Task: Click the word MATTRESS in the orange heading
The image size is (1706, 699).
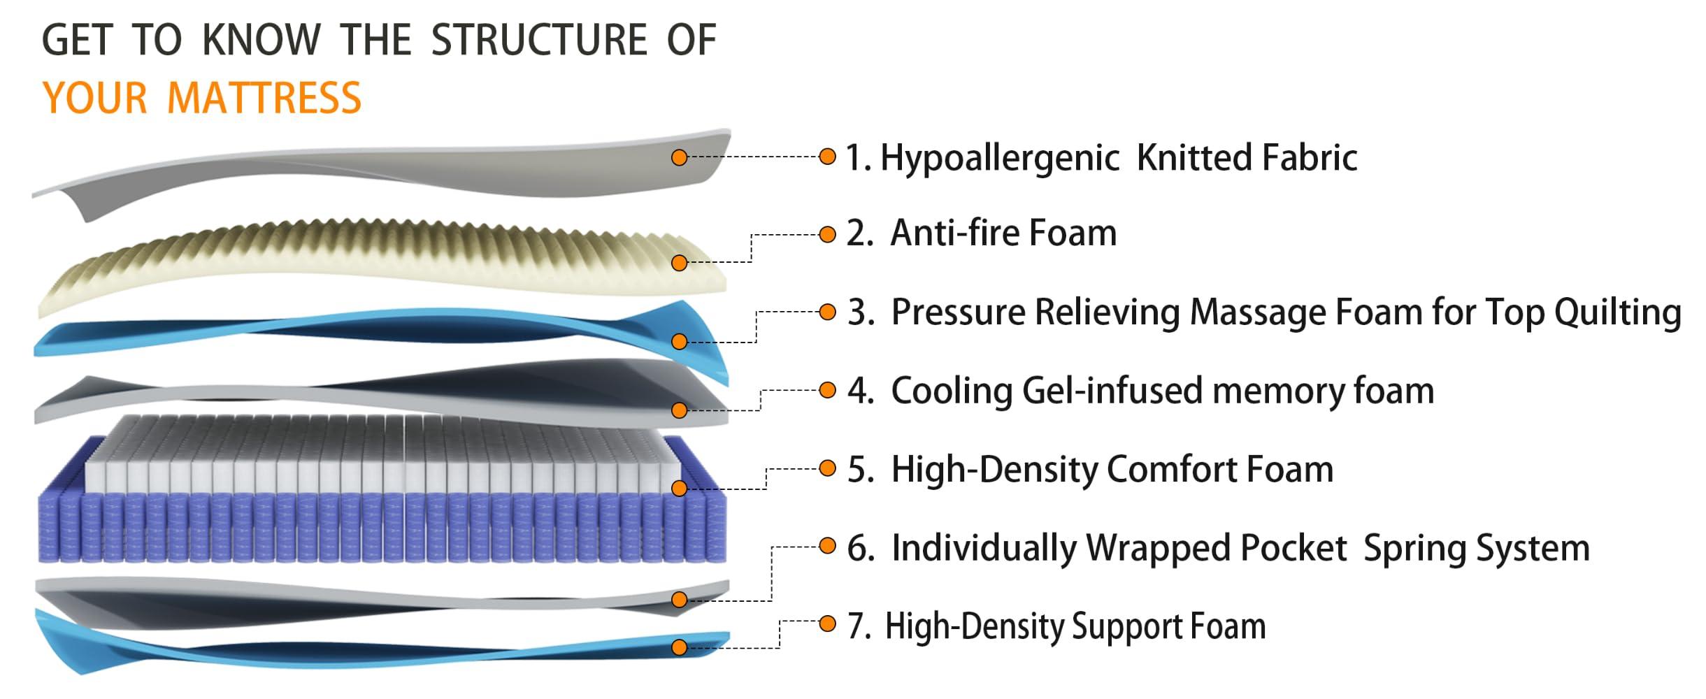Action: [x=264, y=98]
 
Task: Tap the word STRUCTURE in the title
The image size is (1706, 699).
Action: [x=539, y=40]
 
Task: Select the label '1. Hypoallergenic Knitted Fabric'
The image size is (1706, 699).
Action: [x=1101, y=157]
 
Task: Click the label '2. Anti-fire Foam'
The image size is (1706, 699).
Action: [x=981, y=233]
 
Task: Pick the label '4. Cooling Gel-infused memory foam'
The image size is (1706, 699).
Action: [x=1140, y=391]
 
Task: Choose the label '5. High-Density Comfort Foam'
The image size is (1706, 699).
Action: [x=1089, y=469]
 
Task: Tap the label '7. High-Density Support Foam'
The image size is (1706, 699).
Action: [x=1056, y=626]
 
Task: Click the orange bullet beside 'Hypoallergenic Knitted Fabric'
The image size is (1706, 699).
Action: [x=827, y=157]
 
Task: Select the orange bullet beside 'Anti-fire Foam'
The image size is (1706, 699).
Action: [x=827, y=234]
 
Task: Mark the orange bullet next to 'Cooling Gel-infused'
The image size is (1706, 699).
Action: [x=827, y=390]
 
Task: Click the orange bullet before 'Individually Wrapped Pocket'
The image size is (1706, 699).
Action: [x=827, y=546]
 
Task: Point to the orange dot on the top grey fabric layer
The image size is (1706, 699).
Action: [x=679, y=158]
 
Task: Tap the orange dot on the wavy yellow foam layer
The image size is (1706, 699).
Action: [x=679, y=263]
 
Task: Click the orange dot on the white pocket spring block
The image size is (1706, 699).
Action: [x=679, y=488]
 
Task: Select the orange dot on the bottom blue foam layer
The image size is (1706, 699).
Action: [x=679, y=647]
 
